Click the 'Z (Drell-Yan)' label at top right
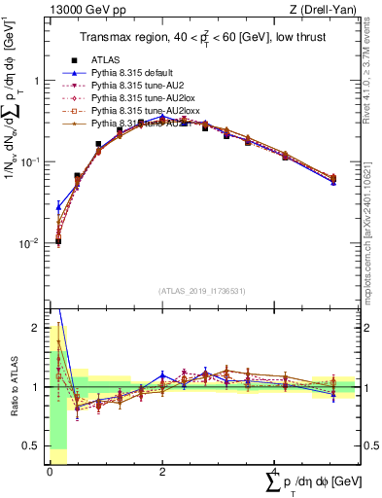tap(328, 11)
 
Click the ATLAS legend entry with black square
tap(107, 61)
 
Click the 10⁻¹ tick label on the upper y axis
tap(31, 162)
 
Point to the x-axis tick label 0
tap(50, 471)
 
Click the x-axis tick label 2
tap(161, 471)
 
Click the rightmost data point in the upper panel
tap(333, 179)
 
